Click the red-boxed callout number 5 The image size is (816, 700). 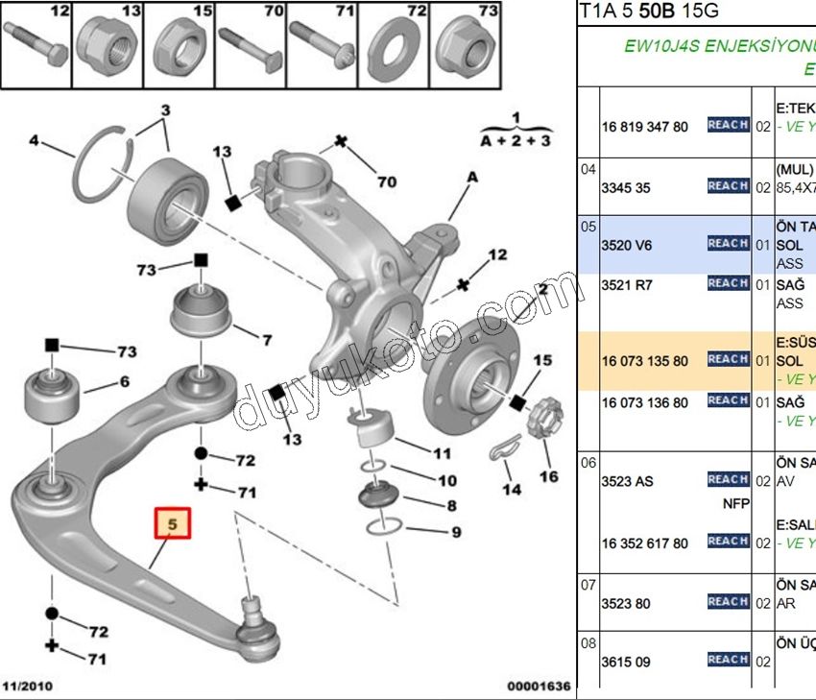(x=174, y=525)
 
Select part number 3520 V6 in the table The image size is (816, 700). (x=627, y=246)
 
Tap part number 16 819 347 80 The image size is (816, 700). (x=645, y=127)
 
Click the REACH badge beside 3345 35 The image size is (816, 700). (x=728, y=186)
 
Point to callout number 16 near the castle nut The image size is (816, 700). (x=548, y=476)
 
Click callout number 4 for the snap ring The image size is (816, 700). (x=35, y=140)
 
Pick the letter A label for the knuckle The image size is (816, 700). (x=472, y=178)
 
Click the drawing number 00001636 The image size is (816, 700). (x=539, y=687)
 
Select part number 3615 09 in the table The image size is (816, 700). (x=626, y=662)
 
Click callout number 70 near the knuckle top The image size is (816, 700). (x=386, y=181)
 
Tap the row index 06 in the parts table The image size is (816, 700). (x=588, y=462)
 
